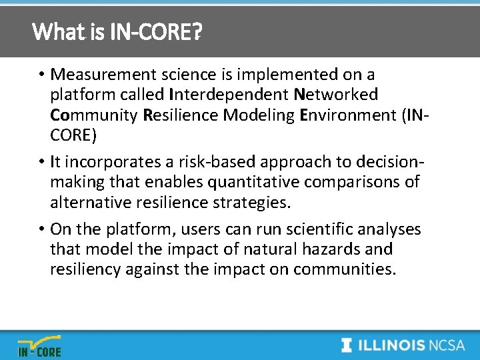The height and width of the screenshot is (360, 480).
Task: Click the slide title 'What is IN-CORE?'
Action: (x=117, y=31)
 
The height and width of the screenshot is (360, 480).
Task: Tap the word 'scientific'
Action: (x=317, y=229)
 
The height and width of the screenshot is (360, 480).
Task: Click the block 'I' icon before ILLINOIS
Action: (x=347, y=345)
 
